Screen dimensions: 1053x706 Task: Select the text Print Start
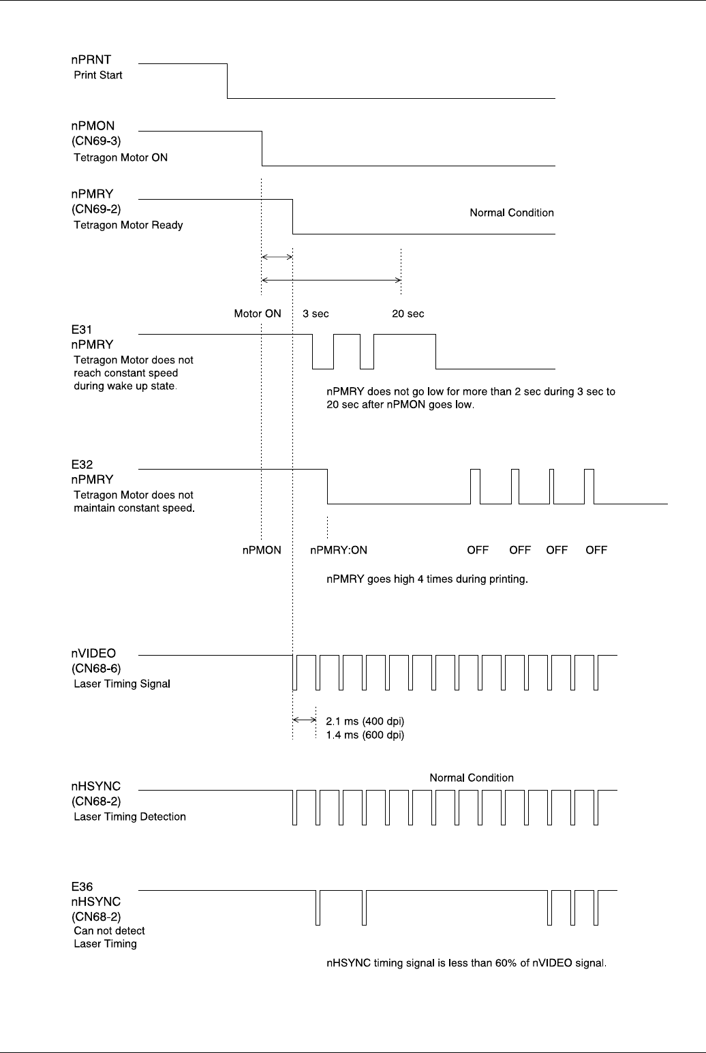(x=98, y=75)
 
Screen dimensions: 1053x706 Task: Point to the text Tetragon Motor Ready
(x=128, y=225)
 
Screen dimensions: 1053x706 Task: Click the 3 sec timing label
(x=316, y=314)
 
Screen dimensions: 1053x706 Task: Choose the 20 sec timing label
(x=408, y=314)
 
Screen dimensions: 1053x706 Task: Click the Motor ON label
(x=258, y=314)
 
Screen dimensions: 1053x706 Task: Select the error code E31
(x=81, y=331)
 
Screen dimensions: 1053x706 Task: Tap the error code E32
(x=81, y=465)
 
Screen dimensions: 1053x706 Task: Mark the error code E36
(x=81, y=887)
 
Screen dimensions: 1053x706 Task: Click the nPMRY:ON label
(x=339, y=550)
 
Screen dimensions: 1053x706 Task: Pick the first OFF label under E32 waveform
(x=478, y=550)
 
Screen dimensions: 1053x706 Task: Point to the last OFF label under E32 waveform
(x=596, y=550)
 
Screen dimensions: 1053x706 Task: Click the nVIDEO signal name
(x=93, y=654)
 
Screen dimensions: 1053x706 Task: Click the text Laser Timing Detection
(x=129, y=817)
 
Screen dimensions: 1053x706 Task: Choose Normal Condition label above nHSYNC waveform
(x=472, y=778)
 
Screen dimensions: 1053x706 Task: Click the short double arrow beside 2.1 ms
(x=304, y=719)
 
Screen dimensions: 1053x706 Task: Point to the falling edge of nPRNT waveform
(x=227, y=81)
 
